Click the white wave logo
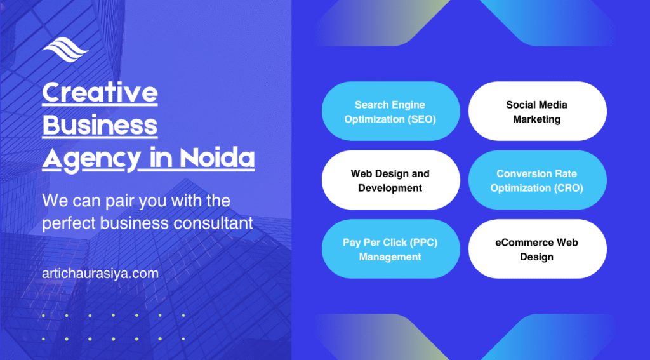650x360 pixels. click(x=65, y=50)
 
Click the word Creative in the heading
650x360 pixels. click(x=100, y=92)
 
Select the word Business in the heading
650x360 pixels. click(x=100, y=125)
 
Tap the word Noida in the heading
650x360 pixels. click(x=217, y=157)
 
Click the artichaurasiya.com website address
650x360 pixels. click(x=100, y=273)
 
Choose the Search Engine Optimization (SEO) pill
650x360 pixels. click(x=391, y=111)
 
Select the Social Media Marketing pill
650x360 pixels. click(x=538, y=111)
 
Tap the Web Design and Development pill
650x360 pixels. click(x=391, y=180)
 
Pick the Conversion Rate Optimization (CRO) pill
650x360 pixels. click(x=538, y=180)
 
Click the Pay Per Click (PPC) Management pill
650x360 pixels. click(x=391, y=249)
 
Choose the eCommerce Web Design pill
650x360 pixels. click(x=538, y=249)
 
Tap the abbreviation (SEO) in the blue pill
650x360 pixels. click(x=421, y=119)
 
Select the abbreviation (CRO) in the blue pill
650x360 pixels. click(x=568, y=189)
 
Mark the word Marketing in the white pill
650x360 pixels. click(x=537, y=119)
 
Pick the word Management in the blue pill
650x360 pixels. click(x=390, y=257)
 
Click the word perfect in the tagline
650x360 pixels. click(x=69, y=223)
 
